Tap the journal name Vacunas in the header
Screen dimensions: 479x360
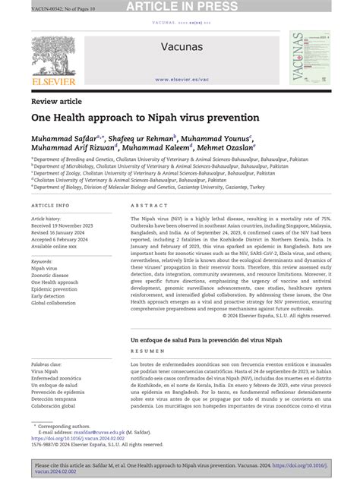[x=180, y=48]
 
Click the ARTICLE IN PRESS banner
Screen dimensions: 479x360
[x=180, y=7]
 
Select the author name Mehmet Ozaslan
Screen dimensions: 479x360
[x=216, y=149]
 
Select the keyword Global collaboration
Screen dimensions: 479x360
[x=59, y=303]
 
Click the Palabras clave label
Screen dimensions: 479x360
[x=52, y=365]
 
